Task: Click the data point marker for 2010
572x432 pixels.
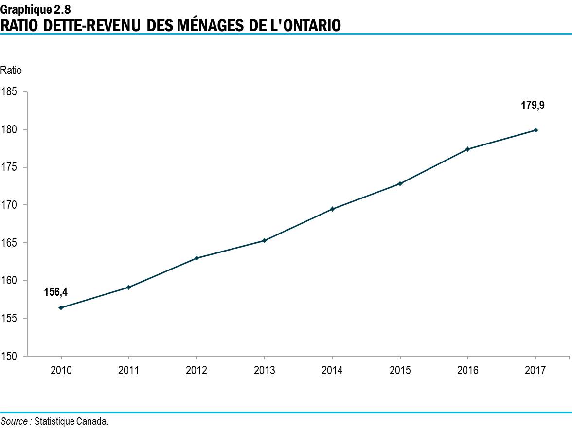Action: pyautogui.click(x=61, y=307)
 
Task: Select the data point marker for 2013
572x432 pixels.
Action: pyautogui.click(x=264, y=240)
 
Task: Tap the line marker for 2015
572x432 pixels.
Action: pyautogui.click(x=400, y=183)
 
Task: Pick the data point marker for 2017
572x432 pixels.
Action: pyautogui.click(x=536, y=130)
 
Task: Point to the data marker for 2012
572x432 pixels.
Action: pyautogui.click(x=197, y=258)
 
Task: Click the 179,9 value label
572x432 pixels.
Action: pyautogui.click(x=533, y=105)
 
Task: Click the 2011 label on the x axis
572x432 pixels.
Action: pyautogui.click(x=128, y=371)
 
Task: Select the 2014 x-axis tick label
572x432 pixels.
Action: pyautogui.click(x=332, y=371)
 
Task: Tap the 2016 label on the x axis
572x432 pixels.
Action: pyautogui.click(x=467, y=371)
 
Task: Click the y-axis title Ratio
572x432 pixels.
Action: pyautogui.click(x=11, y=71)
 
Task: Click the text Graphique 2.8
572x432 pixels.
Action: pyautogui.click(x=36, y=8)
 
